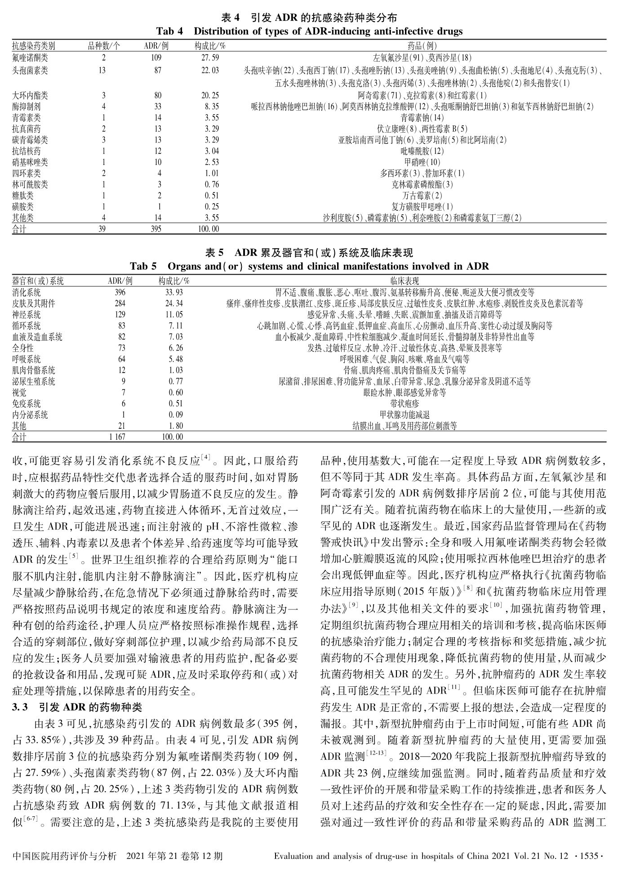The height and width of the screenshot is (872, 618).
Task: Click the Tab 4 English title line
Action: coord(309,31)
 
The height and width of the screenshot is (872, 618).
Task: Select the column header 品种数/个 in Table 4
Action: coord(104,46)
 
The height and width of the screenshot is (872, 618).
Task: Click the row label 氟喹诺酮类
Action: coord(30,58)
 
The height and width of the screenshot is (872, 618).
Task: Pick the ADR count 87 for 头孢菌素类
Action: coord(157,71)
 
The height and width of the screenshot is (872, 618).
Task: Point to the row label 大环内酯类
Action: coord(30,95)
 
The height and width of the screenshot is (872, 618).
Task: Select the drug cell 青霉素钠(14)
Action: coord(422,118)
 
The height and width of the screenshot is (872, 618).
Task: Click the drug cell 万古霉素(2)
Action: coord(422,196)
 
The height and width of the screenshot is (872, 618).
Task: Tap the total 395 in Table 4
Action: coord(157,229)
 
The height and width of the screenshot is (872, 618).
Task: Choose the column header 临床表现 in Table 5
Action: coord(405,281)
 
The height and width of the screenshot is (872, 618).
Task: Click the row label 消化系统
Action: coord(27,293)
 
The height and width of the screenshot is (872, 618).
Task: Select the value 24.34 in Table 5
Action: coord(174,303)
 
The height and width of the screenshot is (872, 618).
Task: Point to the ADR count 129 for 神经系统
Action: coord(120,315)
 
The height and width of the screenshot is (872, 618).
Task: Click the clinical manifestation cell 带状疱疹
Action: coord(405,404)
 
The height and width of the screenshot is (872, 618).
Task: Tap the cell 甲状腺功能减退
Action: coord(405,415)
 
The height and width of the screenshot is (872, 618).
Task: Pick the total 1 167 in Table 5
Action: coord(117,437)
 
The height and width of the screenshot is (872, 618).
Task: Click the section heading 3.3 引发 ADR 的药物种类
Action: coord(77,707)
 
